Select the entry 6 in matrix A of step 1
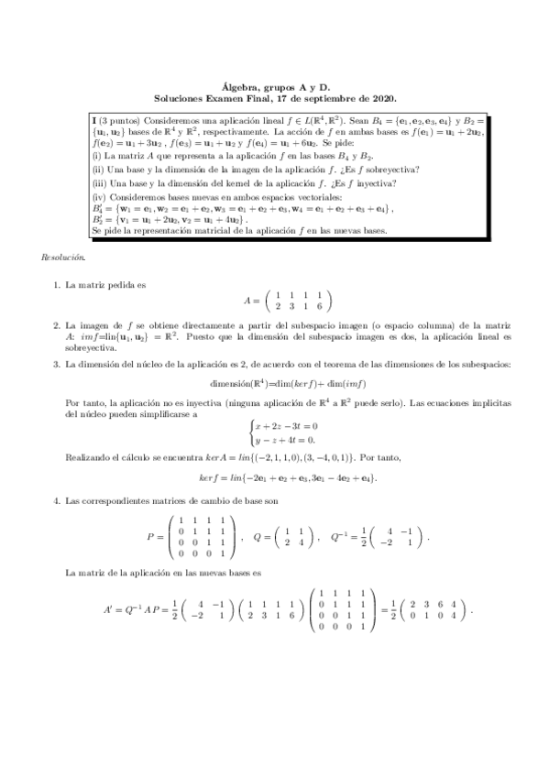(318, 306)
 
